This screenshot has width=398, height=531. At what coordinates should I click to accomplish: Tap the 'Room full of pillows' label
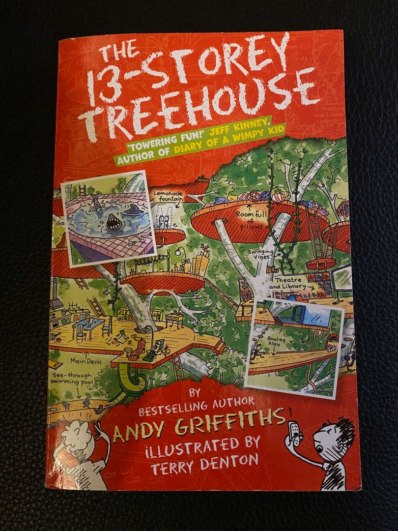(x=251, y=218)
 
